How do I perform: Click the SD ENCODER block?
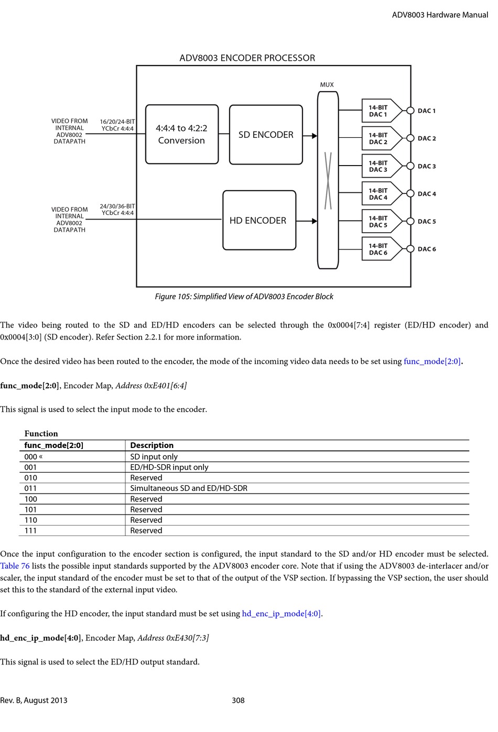click(266, 135)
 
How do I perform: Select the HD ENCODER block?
click(259, 221)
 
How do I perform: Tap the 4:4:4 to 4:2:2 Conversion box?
click(181, 134)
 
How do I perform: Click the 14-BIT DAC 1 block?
click(378, 111)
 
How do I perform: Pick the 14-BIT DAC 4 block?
click(378, 194)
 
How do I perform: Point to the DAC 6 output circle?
click(410, 249)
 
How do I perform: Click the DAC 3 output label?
click(427, 166)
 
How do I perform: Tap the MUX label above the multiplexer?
click(327, 84)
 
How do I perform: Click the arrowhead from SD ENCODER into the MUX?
click(314, 136)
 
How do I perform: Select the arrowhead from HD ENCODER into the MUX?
click(314, 221)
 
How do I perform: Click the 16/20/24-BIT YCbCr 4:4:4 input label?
click(117, 125)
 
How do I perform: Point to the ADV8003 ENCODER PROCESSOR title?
click(247, 58)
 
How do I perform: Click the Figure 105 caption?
click(244, 297)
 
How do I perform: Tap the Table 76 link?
click(15, 566)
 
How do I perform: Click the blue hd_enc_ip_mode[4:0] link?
click(282, 614)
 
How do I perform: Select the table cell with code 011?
click(31, 488)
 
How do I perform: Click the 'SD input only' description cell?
click(154, 457)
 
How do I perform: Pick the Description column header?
click(152, 445)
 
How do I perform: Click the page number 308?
click(238, 701)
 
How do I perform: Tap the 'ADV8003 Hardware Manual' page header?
click(440, 15)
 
